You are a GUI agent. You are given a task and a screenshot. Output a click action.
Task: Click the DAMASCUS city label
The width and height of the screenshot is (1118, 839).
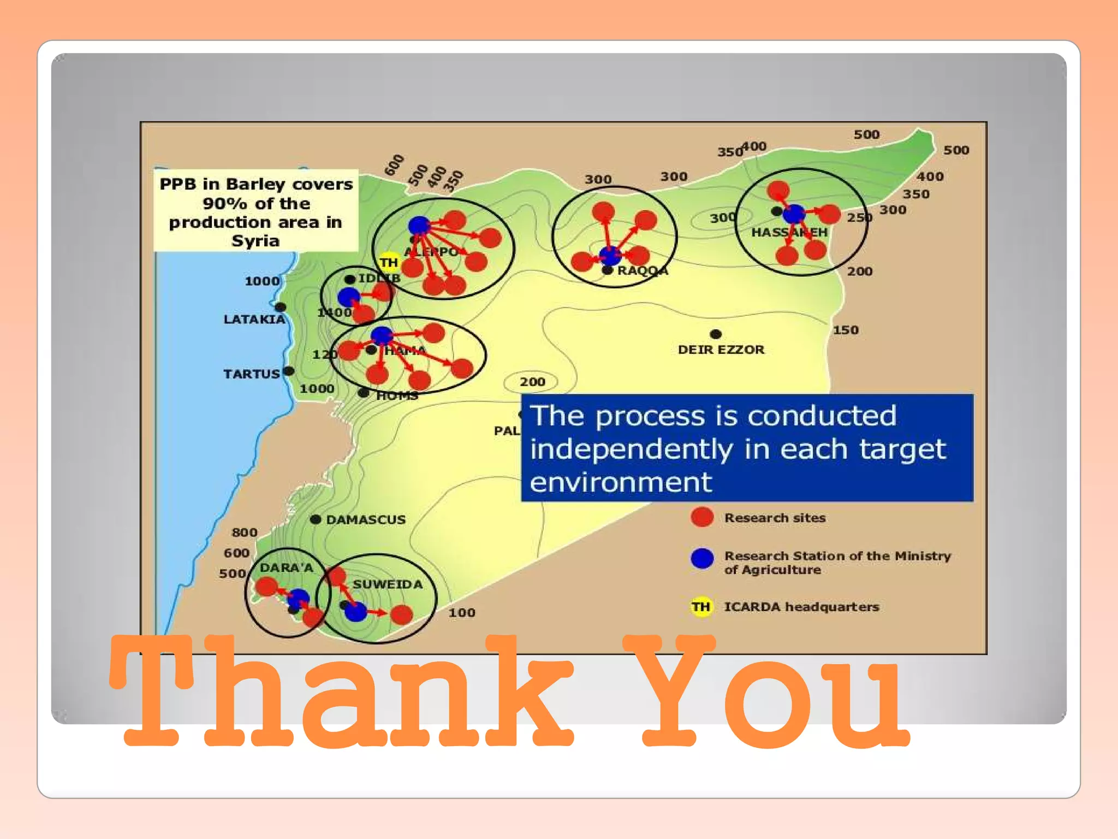(366, 519)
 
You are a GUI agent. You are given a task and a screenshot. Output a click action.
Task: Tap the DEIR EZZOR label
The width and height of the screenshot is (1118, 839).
(721, 350)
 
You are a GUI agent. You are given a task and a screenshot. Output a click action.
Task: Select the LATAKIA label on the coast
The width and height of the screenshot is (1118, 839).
(254, 319)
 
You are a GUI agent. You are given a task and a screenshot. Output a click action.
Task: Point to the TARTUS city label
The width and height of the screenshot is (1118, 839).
(251, 374)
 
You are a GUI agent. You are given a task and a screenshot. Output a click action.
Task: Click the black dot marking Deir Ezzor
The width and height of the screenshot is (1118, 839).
(716, 334)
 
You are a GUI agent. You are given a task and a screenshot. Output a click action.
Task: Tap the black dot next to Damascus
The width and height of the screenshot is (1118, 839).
(316, 519)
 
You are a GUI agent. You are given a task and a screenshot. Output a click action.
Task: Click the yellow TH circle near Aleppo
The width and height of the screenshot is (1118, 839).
(389, 263)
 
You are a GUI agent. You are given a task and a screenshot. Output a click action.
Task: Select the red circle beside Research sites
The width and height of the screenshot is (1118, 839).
(702, 517)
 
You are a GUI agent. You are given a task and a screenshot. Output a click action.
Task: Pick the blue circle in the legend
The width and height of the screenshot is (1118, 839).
(702, 558)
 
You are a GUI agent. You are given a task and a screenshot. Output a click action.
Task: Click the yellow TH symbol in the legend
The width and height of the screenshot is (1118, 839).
(701, 607)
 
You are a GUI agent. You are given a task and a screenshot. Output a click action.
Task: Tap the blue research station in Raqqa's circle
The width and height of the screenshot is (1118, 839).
(610, 255)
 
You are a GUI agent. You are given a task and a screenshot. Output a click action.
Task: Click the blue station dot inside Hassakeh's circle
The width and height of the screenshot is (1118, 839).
(794, 214)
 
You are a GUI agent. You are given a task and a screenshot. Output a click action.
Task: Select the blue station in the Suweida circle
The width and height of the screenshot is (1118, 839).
(356, 611)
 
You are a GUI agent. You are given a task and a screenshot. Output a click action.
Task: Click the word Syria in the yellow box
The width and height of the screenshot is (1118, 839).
(255, 241)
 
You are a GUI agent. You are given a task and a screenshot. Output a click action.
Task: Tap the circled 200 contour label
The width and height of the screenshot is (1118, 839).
(532, 382)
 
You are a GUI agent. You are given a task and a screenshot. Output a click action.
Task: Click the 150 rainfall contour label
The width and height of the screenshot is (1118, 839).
(846, 330)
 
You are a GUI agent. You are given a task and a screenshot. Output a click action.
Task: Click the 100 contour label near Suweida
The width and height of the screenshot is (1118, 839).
(462, 613)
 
